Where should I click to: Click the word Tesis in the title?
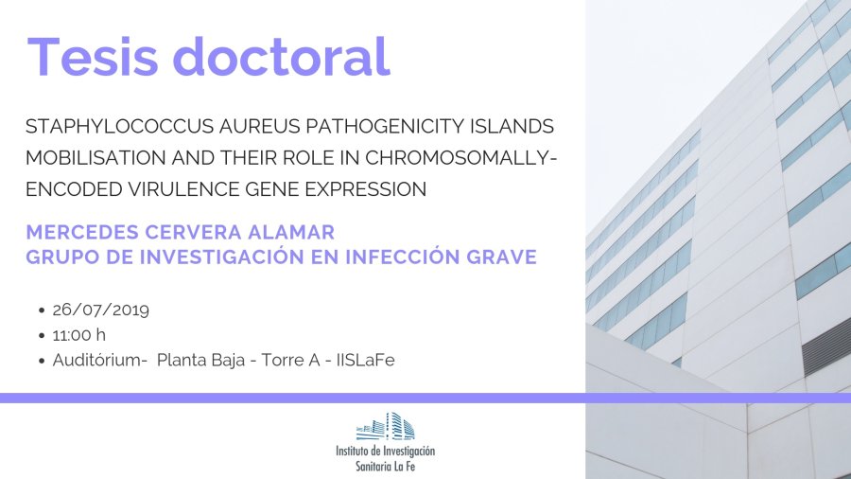point(93,57)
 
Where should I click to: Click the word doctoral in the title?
point(282,56)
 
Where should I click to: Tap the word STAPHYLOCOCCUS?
point(120,126)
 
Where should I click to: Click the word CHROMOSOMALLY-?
point(461,157)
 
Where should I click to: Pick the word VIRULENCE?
point(183,189)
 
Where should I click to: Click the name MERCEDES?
point(82,233)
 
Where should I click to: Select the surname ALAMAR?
point(291,233)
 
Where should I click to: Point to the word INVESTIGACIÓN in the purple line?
point(222,257)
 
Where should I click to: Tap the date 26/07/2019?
point(101,310)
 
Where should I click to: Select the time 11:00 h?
point(79,335)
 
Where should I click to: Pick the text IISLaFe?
point(366,360)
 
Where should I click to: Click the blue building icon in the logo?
point(386,426)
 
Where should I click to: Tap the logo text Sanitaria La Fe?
point(386,466)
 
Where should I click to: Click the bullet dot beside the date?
point(42,310)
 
